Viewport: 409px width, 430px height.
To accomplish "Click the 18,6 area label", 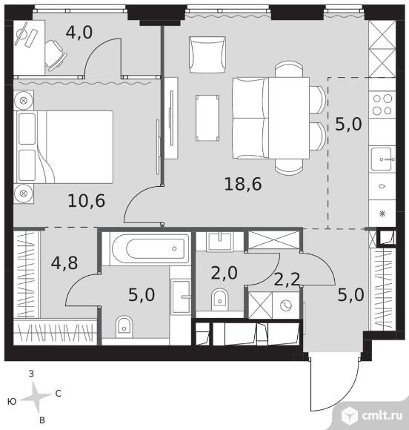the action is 243,185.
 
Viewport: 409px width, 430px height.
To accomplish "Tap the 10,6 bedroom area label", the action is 87,201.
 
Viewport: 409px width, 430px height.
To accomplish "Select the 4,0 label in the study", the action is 79,33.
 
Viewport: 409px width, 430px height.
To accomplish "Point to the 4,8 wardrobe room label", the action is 64,263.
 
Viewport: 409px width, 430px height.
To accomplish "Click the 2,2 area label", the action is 287,279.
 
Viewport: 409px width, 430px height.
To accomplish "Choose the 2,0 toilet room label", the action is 225,273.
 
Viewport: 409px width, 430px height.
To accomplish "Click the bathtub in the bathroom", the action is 150,248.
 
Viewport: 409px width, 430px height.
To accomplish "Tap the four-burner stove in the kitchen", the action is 382,105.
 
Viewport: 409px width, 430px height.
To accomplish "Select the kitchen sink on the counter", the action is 382,159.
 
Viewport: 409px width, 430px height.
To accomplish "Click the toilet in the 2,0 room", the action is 220,300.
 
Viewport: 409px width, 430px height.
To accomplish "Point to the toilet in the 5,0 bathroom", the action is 124,327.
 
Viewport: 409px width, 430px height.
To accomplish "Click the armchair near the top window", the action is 207,55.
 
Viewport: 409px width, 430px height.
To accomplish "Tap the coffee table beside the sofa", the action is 207,118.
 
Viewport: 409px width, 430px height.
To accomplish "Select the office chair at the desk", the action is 56,56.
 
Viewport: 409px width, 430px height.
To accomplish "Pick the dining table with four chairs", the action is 289,118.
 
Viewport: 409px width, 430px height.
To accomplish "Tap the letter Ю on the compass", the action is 12,402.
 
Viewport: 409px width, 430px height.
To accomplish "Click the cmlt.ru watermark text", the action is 382,415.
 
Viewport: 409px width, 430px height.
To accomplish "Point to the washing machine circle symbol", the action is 286,305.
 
